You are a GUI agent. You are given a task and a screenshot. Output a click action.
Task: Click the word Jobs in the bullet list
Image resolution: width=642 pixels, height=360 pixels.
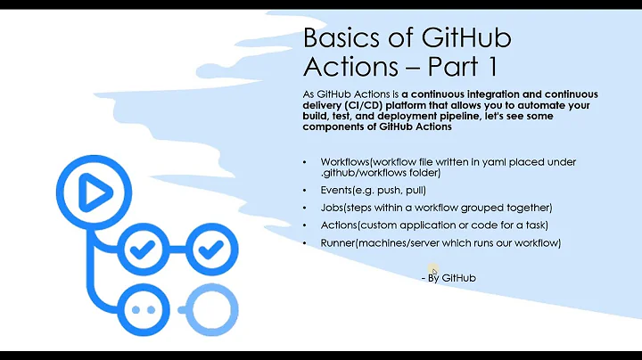coord(333,208)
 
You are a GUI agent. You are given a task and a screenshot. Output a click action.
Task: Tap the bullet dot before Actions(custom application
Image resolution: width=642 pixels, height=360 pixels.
coord(305,225)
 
